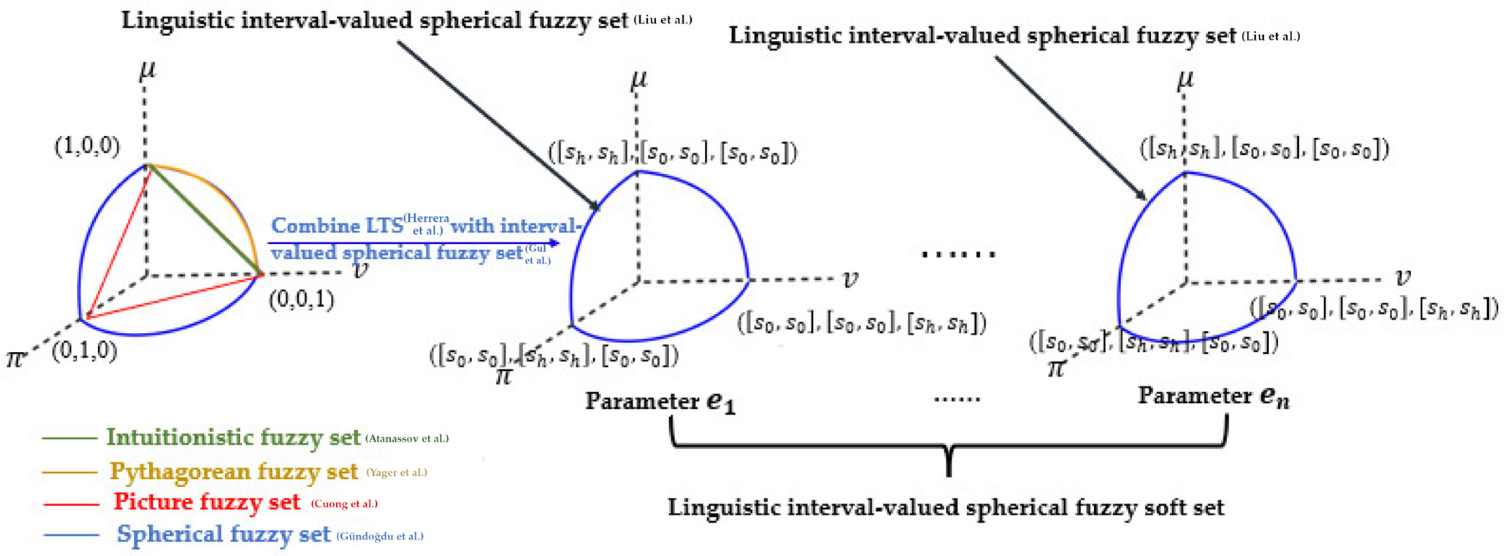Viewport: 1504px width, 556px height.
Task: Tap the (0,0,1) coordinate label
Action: [301, 300]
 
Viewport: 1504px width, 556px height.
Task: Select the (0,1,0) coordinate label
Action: [85, 351]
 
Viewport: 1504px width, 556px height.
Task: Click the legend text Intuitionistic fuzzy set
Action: [233, 437]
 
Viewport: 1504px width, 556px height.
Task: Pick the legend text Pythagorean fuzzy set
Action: [234, 471]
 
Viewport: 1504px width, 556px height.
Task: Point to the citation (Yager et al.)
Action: [397, 472]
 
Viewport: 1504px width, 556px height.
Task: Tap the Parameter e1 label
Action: [660, 401]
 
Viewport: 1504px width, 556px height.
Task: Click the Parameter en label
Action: [1213, 397]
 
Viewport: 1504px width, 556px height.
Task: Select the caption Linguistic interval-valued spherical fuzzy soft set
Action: [946, 507]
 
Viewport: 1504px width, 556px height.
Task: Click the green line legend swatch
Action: [69, 437]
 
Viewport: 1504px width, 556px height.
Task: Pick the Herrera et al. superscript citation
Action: [426, 224]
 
